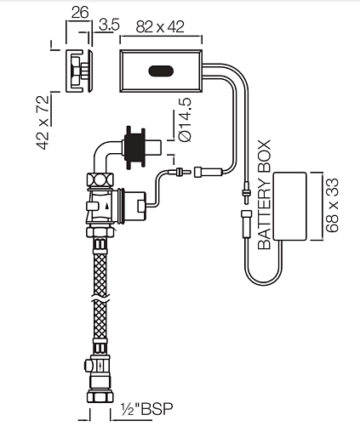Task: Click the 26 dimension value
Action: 80,13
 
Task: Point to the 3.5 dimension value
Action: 109,25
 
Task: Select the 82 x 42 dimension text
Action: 160,27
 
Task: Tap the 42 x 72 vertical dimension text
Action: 43,122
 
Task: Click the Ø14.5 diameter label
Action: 186,120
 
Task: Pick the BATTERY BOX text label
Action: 265,195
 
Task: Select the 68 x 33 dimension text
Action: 332,205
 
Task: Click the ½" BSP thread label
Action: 146,409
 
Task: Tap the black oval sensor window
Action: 161,71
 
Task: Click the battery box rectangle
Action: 289,207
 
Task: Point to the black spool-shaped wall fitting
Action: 134,147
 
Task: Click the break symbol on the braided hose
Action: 100,298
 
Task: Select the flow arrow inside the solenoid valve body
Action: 106,206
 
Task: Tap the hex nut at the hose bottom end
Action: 100,395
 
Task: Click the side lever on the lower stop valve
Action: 87,365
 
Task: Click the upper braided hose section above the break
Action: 100,275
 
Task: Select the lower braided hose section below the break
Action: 100,319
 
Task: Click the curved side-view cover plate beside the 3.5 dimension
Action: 90,71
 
